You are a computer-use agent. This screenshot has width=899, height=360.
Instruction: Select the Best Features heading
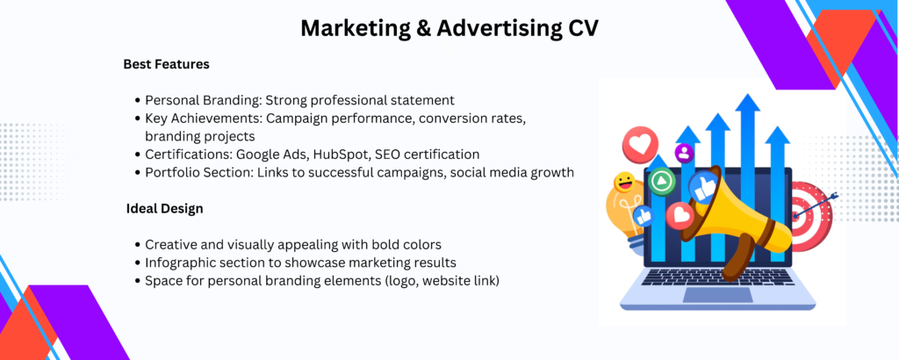[x=166, y=64]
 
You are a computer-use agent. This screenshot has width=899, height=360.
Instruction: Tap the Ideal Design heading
[x=164, y=209]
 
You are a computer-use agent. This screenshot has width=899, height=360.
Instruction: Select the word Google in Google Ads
[x=256, y=155]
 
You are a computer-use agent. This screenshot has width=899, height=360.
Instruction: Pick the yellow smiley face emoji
[x=623, y=183]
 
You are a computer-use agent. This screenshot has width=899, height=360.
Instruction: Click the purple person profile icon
[x=684, y=153]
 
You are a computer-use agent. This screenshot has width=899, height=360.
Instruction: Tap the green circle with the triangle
[x=662, y=181]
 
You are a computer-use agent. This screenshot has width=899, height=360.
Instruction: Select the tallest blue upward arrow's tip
[x=748, y=95]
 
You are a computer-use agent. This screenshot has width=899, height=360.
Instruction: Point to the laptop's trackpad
[x=717, y=295]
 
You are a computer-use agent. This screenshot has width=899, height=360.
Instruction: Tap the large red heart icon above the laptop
[x=640, y=145]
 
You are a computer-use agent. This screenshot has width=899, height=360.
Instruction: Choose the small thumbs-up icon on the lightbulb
[x=643, y=215]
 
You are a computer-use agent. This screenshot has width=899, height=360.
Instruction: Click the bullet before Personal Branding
[x=138, y=100]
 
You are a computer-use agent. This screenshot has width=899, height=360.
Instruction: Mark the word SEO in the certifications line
[x=387, y=155]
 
